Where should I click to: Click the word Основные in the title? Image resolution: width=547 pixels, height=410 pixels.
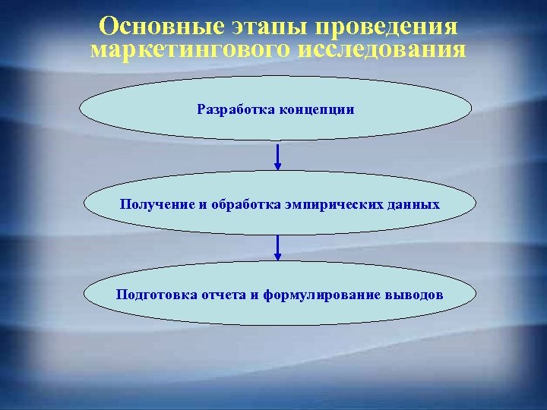(x=159, y=27)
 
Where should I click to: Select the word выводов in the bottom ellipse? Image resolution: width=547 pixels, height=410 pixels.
(x=414, y=294)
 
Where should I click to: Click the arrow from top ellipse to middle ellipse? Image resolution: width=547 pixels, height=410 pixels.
(x=278, y=156)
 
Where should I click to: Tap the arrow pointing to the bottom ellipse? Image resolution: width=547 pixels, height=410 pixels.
(x=278, y=248)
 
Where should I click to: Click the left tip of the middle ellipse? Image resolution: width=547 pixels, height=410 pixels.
(x=83, y=203)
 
